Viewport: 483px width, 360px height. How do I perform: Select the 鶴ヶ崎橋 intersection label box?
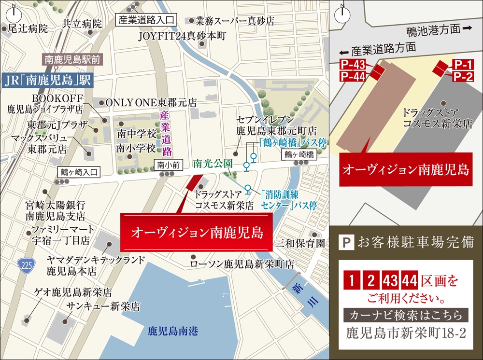299,154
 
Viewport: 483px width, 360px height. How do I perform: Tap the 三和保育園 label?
300,243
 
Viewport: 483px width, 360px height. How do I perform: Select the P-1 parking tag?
462,64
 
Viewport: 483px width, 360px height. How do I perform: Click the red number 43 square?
389,280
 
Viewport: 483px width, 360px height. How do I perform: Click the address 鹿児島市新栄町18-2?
406,333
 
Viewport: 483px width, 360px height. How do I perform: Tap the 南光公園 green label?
213,164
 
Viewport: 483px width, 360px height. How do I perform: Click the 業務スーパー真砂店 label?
235,21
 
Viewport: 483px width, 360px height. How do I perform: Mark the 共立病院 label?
82,24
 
